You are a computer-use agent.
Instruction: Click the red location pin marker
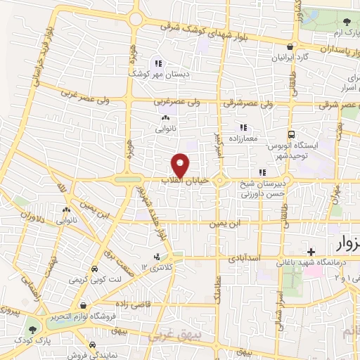181,165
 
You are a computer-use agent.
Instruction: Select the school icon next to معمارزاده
243,127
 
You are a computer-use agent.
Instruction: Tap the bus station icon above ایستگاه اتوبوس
290,134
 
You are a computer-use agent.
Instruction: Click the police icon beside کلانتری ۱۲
156,257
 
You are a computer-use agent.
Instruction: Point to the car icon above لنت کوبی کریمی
94,270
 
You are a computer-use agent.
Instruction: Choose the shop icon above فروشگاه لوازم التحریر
84,306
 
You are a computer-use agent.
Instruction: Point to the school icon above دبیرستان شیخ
262,172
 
